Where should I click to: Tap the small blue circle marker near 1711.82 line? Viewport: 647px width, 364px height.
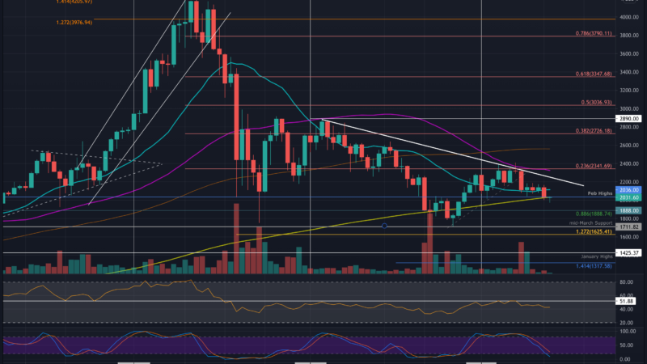click(x=385, y=226)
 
